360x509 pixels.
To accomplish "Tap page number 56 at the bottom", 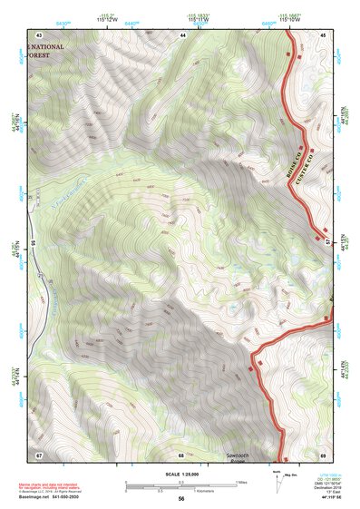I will (180, 500).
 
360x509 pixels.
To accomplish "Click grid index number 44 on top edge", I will (182, 34).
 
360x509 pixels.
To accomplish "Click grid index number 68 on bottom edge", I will (181, 455).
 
